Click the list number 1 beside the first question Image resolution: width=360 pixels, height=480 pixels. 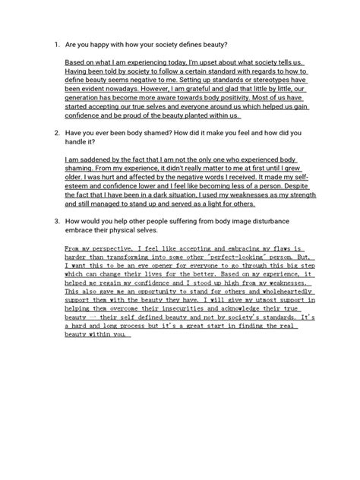tap(56, 44)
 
